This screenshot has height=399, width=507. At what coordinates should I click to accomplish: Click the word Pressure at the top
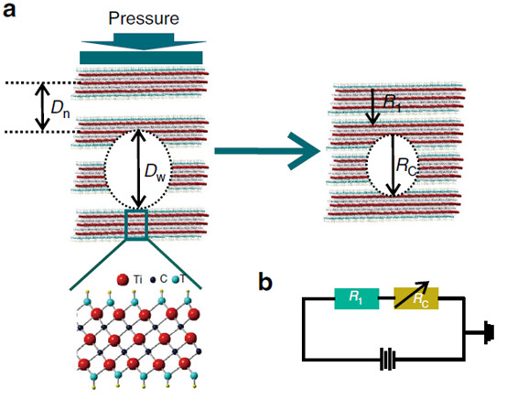tap(144, 18)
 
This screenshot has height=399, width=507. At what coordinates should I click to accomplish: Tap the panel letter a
tap(9, 11)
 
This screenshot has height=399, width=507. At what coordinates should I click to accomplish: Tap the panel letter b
tap(265, 282)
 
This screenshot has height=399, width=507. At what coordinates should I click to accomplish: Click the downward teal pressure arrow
tap(144, 41)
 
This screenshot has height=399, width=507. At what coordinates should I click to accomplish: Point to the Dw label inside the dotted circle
tap(155, 171)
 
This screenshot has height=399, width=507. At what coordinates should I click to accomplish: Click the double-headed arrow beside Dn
tap(42, 107)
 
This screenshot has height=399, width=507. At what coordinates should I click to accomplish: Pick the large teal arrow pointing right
tap(267, 151)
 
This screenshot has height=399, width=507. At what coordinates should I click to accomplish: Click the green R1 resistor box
tap(356, 298)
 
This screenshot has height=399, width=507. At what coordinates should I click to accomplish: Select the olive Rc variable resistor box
tap(416, 298)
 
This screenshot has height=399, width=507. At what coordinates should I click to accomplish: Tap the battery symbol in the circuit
tap(388, 359)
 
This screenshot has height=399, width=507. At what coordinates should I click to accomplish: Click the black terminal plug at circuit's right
tap(490, 333)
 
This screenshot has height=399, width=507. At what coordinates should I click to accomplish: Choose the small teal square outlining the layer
tap(136, 225)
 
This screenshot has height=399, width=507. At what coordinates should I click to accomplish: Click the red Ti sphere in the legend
tap(123, 279)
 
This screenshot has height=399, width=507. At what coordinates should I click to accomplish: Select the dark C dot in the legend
tap(152, 279)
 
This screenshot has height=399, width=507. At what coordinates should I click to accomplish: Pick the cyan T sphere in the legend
tap(176, 279)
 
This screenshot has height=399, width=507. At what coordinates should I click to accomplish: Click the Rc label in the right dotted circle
tap(406, 167)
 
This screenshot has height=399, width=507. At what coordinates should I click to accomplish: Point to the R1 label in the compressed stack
tap(393, 102)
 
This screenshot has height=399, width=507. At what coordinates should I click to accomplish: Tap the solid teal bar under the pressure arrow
tap(141, 58)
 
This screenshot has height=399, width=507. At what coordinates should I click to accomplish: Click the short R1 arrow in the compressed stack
tap(372, 107)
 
